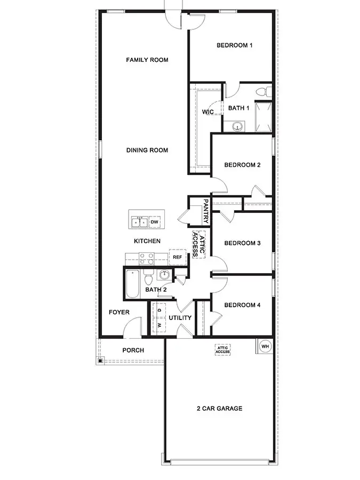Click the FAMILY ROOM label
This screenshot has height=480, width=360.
coord(147,60)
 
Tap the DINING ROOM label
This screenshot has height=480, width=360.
coord(147,150)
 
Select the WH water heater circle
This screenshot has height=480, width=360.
coord(265,346)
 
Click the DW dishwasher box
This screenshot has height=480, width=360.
coord(155,221)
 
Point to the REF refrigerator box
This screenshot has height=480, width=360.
coord(177,257)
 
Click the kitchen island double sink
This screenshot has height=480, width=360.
coord(139,221)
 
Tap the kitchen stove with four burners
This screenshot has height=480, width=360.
coord(146,259)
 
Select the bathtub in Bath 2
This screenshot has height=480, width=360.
coord(132,284)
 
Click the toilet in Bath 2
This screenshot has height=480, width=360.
coord(149,278)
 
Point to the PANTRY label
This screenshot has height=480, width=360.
coord(206,212)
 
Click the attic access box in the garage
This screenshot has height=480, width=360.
coord(222,349)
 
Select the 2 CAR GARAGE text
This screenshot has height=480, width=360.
coord(219,409)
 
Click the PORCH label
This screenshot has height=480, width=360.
coord(133,350)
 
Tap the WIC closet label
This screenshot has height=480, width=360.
coord(207,112)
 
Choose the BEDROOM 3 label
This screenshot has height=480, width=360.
coord(242,243)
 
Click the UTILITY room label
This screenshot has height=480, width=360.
coord(180,318)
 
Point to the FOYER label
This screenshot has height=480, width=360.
coord(119,312)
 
